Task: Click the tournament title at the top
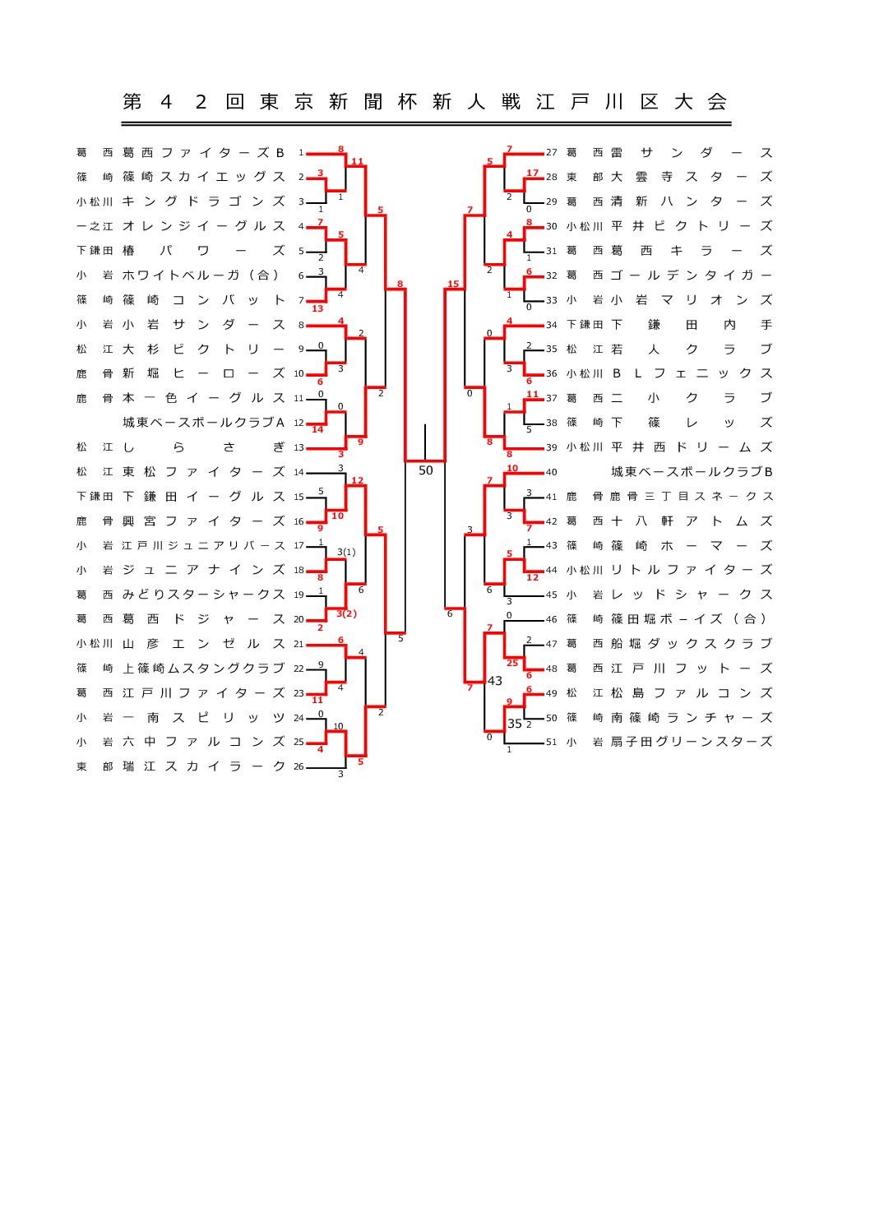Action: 425,102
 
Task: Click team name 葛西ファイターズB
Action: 203,152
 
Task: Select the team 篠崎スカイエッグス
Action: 203,177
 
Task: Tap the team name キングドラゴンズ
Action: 203,201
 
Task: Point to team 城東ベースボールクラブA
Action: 203,423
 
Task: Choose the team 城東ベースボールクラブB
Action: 691,472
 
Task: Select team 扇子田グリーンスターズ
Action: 691,742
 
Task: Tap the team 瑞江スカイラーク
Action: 203,766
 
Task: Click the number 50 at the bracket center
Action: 425,471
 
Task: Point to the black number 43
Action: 494,681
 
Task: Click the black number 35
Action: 514,724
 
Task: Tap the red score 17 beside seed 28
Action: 532,174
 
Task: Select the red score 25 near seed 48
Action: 512,663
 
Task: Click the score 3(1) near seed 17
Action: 346,552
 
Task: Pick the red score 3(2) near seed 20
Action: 346,613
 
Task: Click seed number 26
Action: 298,766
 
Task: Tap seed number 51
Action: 551,742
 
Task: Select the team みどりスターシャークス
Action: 203,595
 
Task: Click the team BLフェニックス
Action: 691,373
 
